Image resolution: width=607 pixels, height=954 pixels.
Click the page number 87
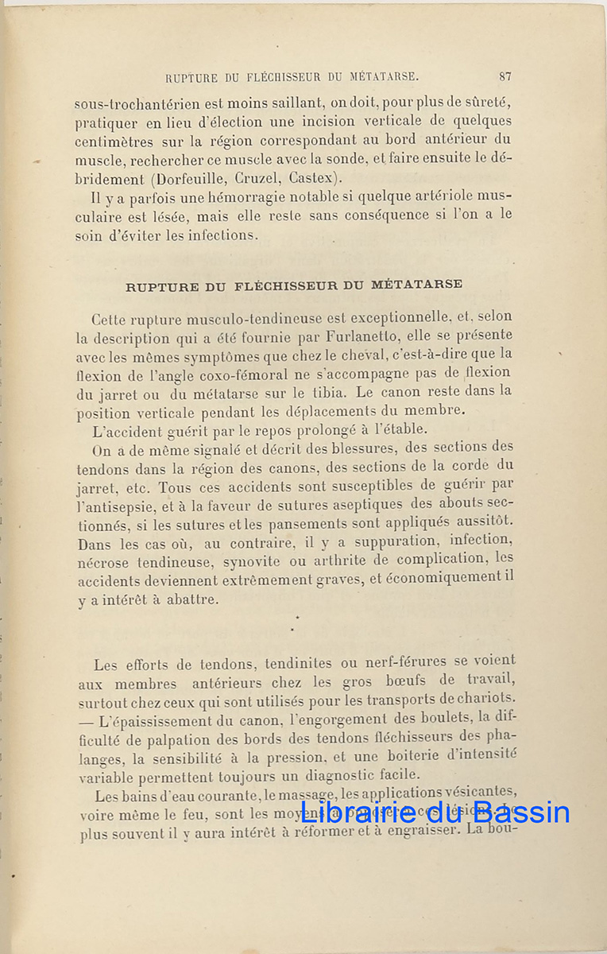tap(505, 77)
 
